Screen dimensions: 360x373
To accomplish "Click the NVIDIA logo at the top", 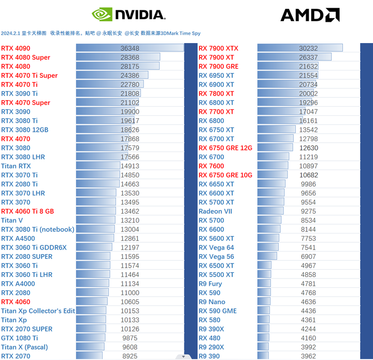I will [128, 15].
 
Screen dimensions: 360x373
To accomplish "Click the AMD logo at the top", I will [310, 15].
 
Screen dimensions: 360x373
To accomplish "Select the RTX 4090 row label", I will [16, 48].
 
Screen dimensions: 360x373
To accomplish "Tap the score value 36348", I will [130, 48].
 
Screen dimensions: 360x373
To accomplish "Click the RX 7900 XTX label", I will [218, 48].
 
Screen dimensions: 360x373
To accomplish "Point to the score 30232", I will [308, 48].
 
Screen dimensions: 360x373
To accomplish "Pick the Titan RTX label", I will [16, 166].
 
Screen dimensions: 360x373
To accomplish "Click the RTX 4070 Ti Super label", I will [30, 76].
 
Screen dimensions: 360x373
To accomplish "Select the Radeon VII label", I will [215, 211].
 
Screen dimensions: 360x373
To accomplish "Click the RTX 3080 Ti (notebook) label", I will [38, 229].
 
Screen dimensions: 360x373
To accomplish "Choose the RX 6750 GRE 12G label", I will [225, 148].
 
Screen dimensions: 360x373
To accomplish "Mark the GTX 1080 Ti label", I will [20, 338].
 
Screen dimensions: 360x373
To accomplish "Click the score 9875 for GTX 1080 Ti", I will [130, 338].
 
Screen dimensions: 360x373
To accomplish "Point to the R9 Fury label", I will [210, 284].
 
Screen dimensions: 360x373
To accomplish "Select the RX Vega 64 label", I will [216, 247].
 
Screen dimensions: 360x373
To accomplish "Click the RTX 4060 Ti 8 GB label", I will [27, 211].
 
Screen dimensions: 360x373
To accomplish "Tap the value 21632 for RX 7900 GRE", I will [308, 66].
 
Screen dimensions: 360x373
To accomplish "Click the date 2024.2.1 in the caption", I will [10, 33].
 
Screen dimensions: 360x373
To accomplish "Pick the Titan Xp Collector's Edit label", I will [38, 311].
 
